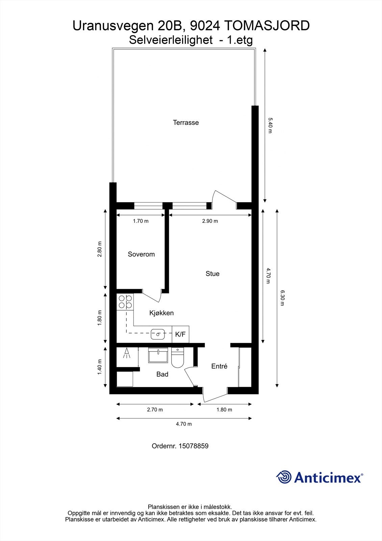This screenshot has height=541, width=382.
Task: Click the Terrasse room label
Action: (x=186, y=123)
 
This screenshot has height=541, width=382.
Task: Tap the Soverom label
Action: (x=141, y=254)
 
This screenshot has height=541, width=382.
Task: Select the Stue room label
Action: (x=212, y=274)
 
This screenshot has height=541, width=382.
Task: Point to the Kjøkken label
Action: (x=161, y=313)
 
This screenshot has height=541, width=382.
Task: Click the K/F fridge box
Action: (x=180, y=334)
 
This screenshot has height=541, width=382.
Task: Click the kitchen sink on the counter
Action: (x=158, y=334)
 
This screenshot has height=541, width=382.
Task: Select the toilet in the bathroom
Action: (x=177, y=358)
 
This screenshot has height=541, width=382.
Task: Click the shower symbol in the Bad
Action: (x=127, y=354)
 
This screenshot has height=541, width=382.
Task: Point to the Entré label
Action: (x=219, y=366)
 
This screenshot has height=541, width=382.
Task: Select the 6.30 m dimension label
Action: (x=282, y=298)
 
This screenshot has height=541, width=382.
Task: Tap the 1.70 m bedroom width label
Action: (x=141, y=221)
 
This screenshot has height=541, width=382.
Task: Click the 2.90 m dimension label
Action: (x=210, y=221)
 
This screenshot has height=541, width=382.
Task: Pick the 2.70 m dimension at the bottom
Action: (x=155, y=410)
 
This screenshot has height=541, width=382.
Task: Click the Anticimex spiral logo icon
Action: (x=284, y=477)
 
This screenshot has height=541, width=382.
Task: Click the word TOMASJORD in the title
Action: (x=266, y=26)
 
